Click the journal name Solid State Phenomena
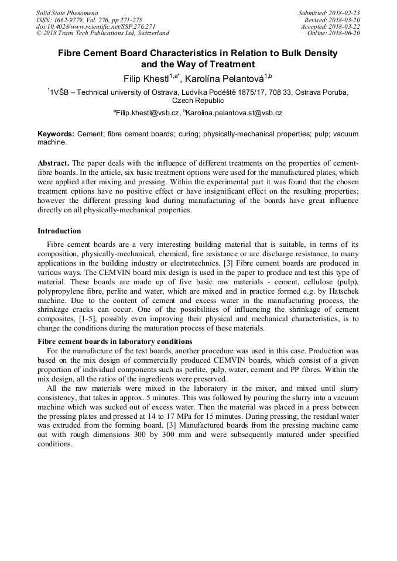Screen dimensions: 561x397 (67, 13)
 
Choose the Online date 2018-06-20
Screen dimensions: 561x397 (344, 33)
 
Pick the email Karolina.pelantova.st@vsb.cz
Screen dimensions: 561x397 (234, 113)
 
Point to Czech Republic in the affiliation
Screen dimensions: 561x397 (198, 101)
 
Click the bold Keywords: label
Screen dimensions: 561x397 (56, 134)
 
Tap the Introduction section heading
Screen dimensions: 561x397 (59, 231)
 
